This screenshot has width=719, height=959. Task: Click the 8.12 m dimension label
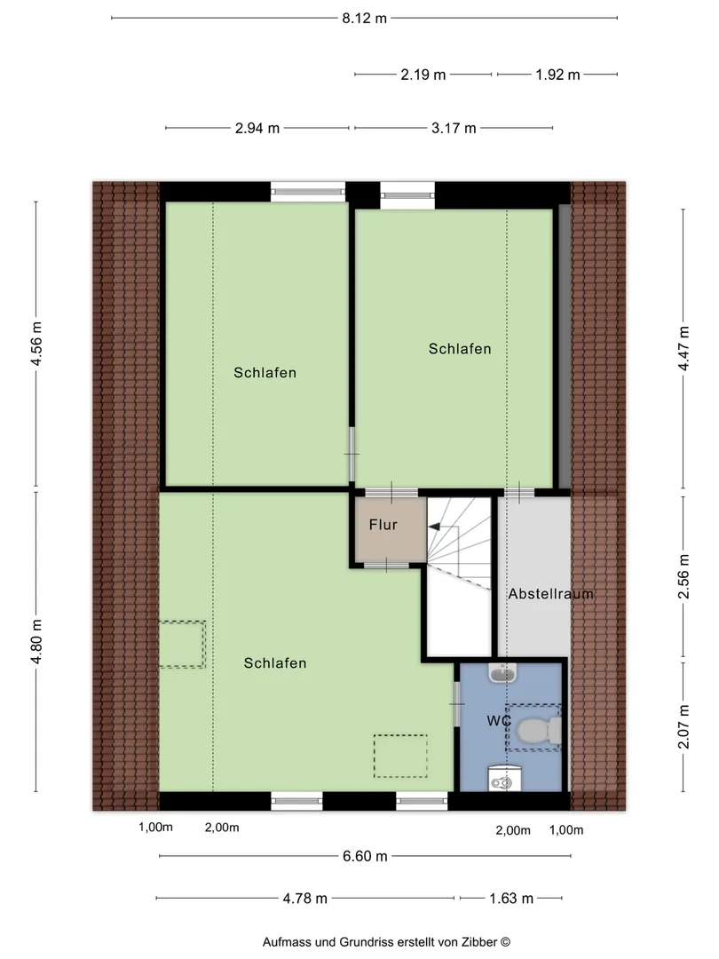[365, 19]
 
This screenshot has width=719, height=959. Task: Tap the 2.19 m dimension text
[423, 75]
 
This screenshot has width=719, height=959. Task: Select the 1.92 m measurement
[557, 75]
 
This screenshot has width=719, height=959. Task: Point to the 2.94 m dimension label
[257, 129]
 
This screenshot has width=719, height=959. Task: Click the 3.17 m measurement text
[454, 129]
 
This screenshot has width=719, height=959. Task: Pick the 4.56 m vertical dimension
[36, 344]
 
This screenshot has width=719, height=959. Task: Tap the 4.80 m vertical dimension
[36, 641]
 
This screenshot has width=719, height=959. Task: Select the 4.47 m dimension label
[683, 349]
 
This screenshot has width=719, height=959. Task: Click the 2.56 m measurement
[683, 577]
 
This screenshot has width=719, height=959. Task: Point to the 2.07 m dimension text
[683, 726]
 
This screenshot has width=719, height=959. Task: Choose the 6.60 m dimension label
[365, 856]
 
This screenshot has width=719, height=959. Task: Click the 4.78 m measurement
[305, 899]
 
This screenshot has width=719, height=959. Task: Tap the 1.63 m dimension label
[511, 899]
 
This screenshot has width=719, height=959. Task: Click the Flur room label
[383, 525]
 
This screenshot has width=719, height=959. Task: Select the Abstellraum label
[551, 594]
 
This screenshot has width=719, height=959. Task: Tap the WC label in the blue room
[499, 721]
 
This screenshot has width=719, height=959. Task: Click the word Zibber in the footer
[479, 942]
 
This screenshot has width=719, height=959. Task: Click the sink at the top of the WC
[502, 673]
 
